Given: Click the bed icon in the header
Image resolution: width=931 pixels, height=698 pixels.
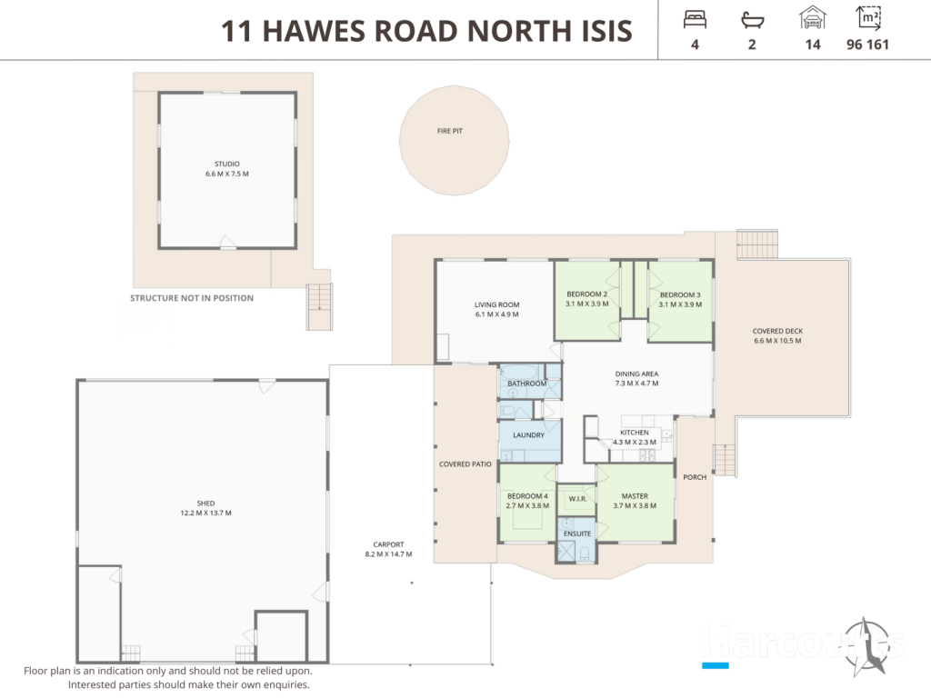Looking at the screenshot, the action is (x=695, y=20).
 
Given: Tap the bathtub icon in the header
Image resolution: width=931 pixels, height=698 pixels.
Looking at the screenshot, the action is (x=752, y=21).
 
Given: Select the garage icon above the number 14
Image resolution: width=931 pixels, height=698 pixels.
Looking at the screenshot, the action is (x=812, y=18).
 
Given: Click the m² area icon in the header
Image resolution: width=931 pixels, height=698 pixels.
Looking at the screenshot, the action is (x=868, y=18).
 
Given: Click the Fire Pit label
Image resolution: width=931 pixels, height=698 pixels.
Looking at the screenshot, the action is (x=449, y=131).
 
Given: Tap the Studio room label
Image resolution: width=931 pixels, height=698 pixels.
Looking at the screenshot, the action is (x=226, y=164).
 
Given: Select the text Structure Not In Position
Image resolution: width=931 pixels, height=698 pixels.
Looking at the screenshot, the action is (x=192, y=298).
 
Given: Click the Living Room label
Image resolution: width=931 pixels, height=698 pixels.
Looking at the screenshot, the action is (x=497, y=304).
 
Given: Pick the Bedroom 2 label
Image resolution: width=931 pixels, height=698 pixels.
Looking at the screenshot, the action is (x=586, y=294).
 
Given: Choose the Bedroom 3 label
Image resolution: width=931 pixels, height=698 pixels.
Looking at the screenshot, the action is (x=680, y=294).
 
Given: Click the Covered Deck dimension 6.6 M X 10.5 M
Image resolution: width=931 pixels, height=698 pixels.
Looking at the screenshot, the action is (x=777, y=341).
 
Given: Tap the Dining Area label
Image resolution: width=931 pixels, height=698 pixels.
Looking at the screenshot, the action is (x=636, y=374).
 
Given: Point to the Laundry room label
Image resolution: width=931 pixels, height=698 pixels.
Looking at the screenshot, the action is (x=528, y=435).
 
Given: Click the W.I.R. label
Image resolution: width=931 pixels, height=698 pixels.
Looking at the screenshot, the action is (x=577, y=499).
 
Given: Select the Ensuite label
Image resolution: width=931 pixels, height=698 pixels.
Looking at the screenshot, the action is (x=577, y=533).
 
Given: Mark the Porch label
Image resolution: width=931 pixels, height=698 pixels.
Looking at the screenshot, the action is (x=695, y=477).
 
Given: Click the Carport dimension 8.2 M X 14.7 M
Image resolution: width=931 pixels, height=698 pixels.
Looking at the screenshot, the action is (x=388, y=554).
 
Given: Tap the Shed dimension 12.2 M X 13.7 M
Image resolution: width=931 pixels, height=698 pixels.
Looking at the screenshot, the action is (x=206, y=513).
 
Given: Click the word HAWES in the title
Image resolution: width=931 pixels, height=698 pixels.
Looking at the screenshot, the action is (x=314, y=32).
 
